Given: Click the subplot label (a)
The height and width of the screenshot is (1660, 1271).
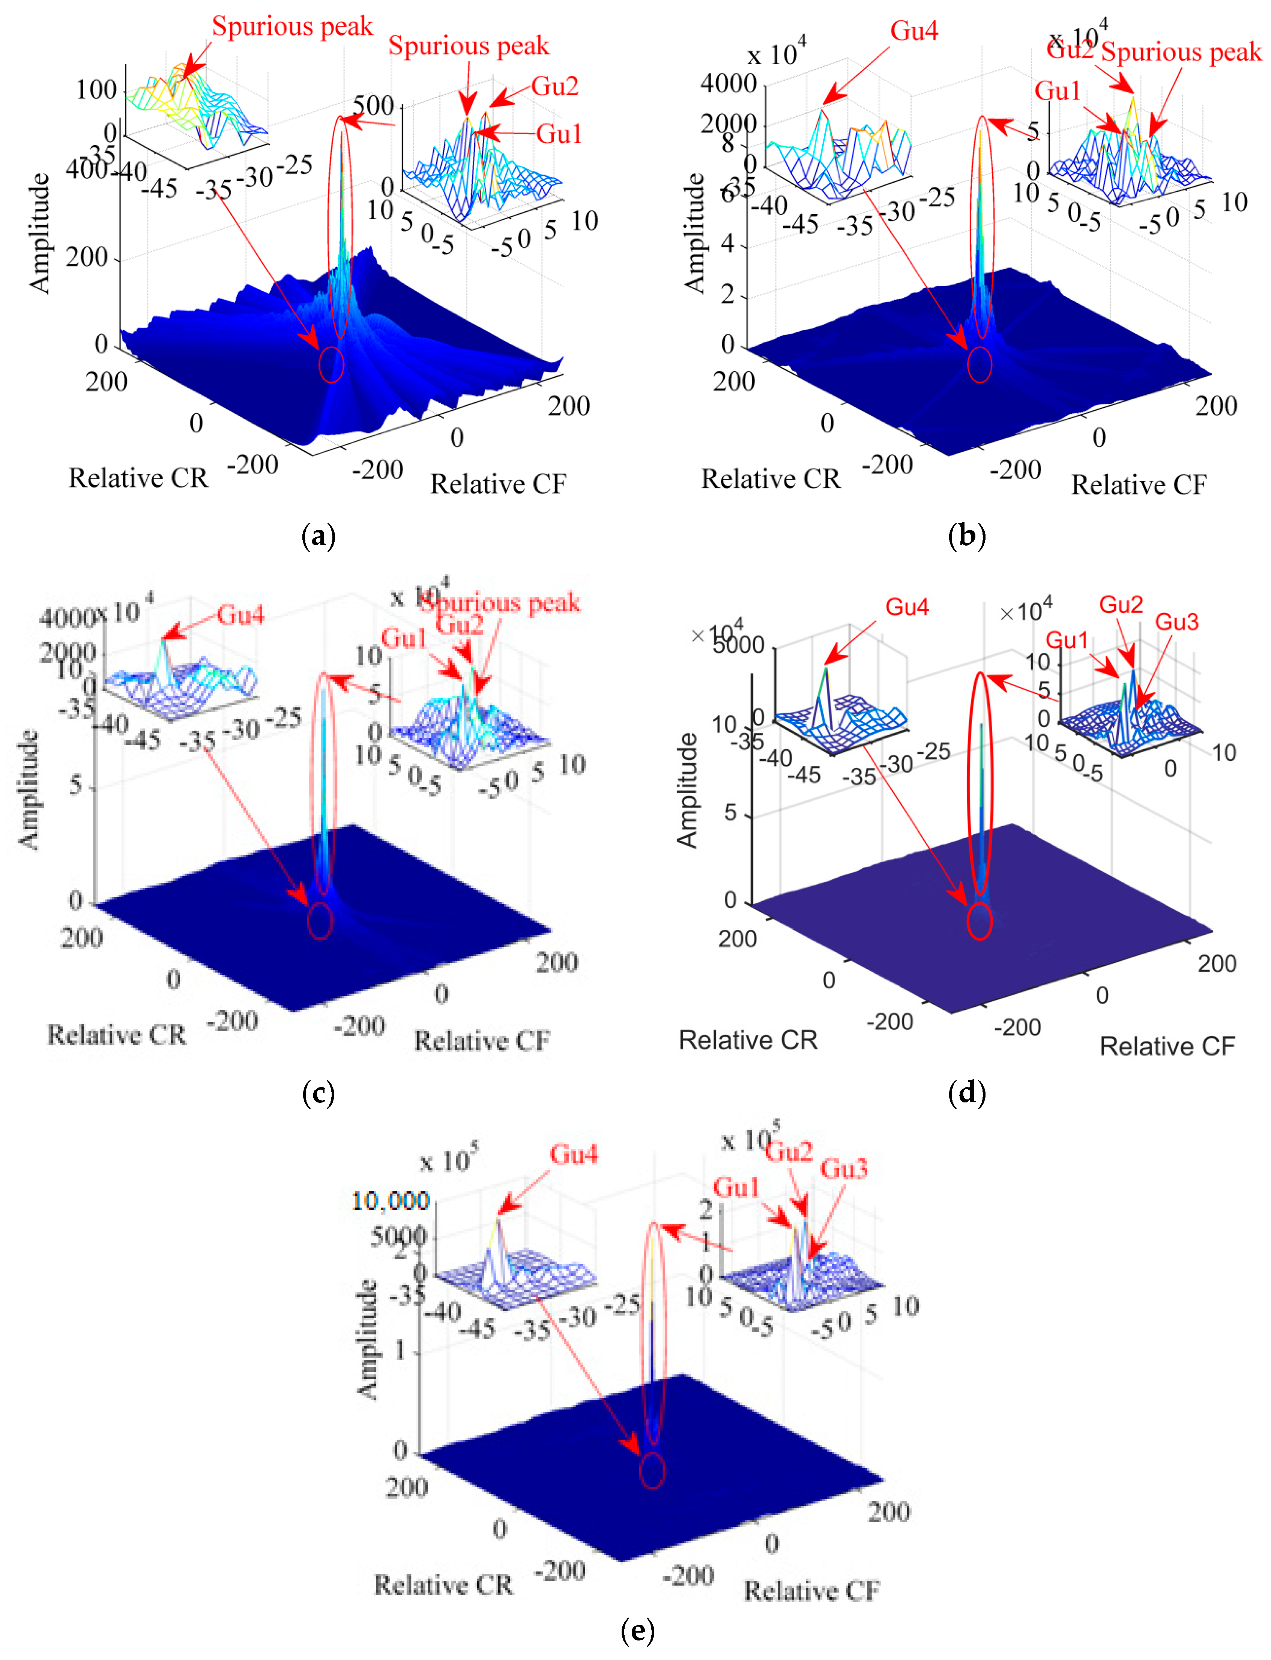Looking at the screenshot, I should click(318, 537).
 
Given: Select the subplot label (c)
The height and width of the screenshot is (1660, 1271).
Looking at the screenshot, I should click(318, 1093).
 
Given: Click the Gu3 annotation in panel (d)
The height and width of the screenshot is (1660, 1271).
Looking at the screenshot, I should click(1176, 622).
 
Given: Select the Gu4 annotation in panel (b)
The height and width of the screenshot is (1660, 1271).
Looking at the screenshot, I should click(914, 31).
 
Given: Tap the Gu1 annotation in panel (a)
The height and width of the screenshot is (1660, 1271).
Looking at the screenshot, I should click(559, 134).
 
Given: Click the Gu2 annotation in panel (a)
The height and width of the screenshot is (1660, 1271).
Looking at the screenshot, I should click(554, 86).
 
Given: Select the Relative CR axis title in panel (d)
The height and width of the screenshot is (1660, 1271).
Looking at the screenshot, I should click(748, 1041).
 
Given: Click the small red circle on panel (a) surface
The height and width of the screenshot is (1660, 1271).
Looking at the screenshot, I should click(331, 365).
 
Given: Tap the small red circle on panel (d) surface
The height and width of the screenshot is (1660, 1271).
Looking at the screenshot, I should click(980, 922).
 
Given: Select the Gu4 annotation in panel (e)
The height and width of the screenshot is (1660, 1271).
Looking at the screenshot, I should click(574, 1155).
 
